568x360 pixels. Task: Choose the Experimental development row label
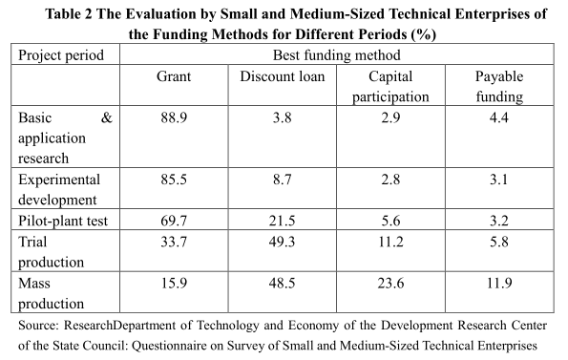60,188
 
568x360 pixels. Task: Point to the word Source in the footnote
40,327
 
